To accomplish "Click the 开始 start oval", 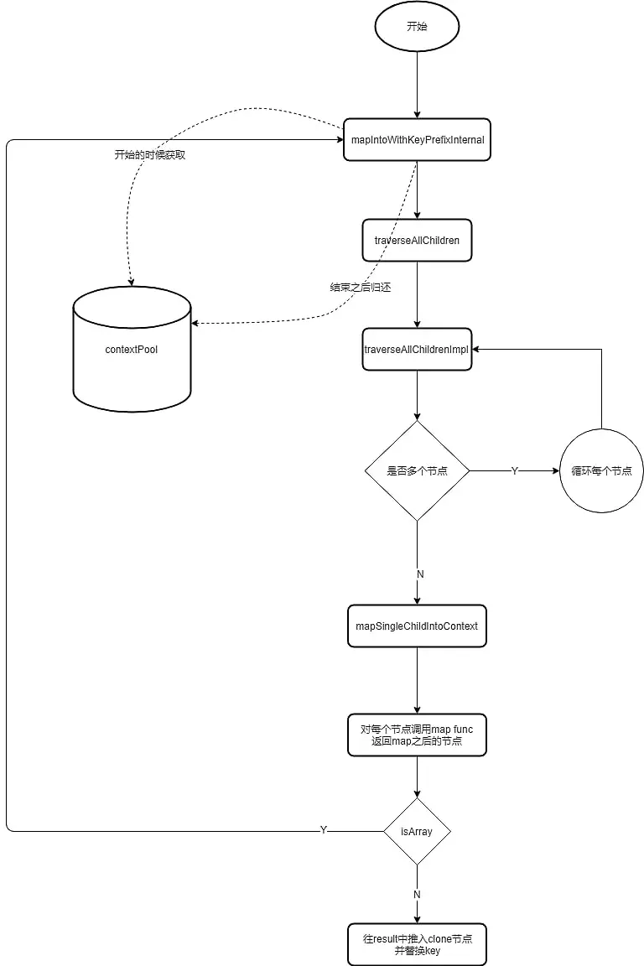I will click(417, 28).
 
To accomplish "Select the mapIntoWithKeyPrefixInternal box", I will click(417, 139).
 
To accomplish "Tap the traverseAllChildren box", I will click(417, 240).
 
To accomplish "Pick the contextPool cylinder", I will click(132, 349).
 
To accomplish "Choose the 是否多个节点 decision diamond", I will click(417, 470).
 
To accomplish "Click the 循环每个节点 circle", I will click(601, 470).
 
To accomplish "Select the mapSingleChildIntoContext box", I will click(417, 626).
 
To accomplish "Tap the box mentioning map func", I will click(417, 735).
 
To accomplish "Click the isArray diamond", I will click(417, 831).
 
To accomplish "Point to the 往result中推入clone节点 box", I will click(417, 944).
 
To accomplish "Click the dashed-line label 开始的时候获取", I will click(150, 155).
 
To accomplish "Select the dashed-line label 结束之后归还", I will click(361, 287).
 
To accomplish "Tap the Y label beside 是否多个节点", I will click(514, 471).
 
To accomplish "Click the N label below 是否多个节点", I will click(420, 574).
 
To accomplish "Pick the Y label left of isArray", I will click(324, 830).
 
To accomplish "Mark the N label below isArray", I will click(417, 895).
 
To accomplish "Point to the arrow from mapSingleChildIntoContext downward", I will click(417, 679).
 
